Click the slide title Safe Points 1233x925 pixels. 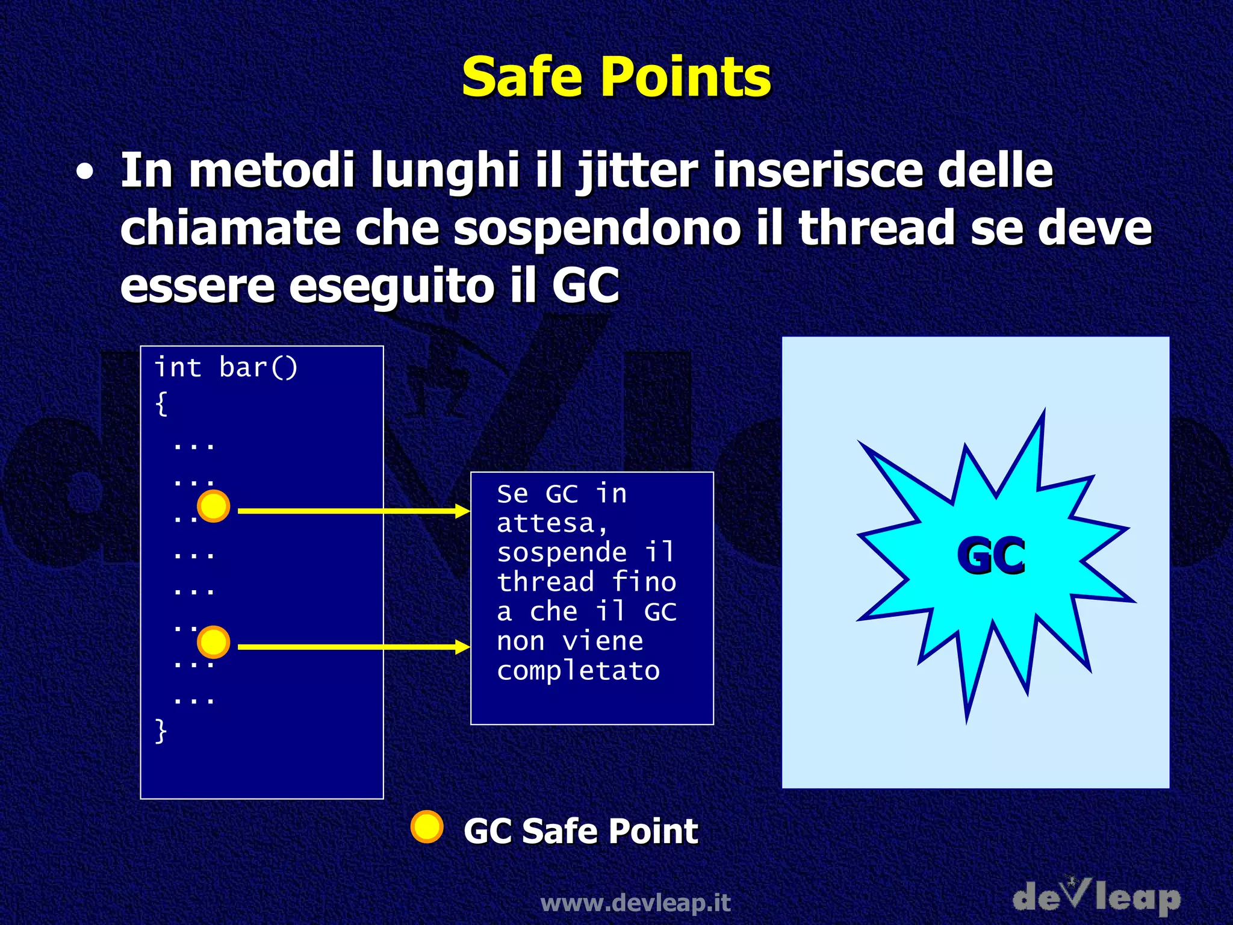click(616, 77)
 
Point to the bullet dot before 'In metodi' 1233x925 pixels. click(85, 173)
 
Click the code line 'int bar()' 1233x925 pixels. click(226, 367)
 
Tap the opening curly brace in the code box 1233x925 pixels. click(161, 403)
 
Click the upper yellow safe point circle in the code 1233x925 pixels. click(214, 506)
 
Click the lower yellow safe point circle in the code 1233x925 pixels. click(214, 642)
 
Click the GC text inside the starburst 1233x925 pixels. click(991, 556)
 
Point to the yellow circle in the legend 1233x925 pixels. click(427, 827)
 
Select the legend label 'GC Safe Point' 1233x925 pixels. click(580, 831)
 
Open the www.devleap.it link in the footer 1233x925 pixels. click(635, 903)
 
